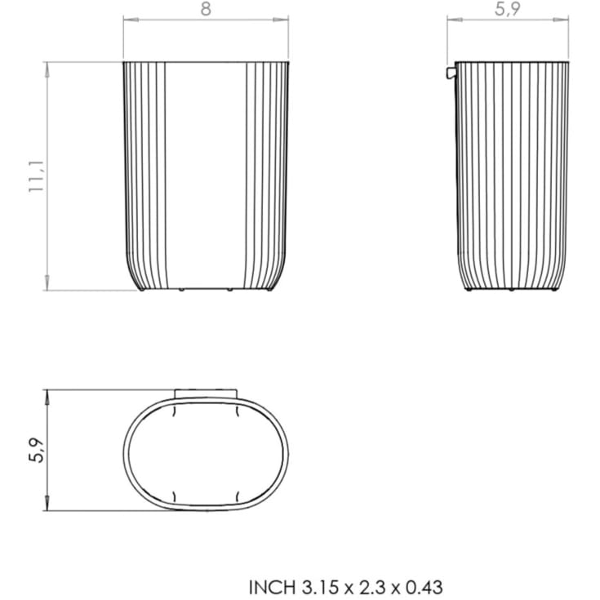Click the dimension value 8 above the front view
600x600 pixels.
[x=206, y=9]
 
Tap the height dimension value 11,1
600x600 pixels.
[x=37, y=176]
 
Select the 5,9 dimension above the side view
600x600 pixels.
[x=508, y=9]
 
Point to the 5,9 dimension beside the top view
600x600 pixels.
[x=37, y=450]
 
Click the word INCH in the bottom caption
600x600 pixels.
[x=272, y=588]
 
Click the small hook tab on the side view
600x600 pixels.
[x=451, y=73]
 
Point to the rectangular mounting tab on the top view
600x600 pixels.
[x=206, y=394]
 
